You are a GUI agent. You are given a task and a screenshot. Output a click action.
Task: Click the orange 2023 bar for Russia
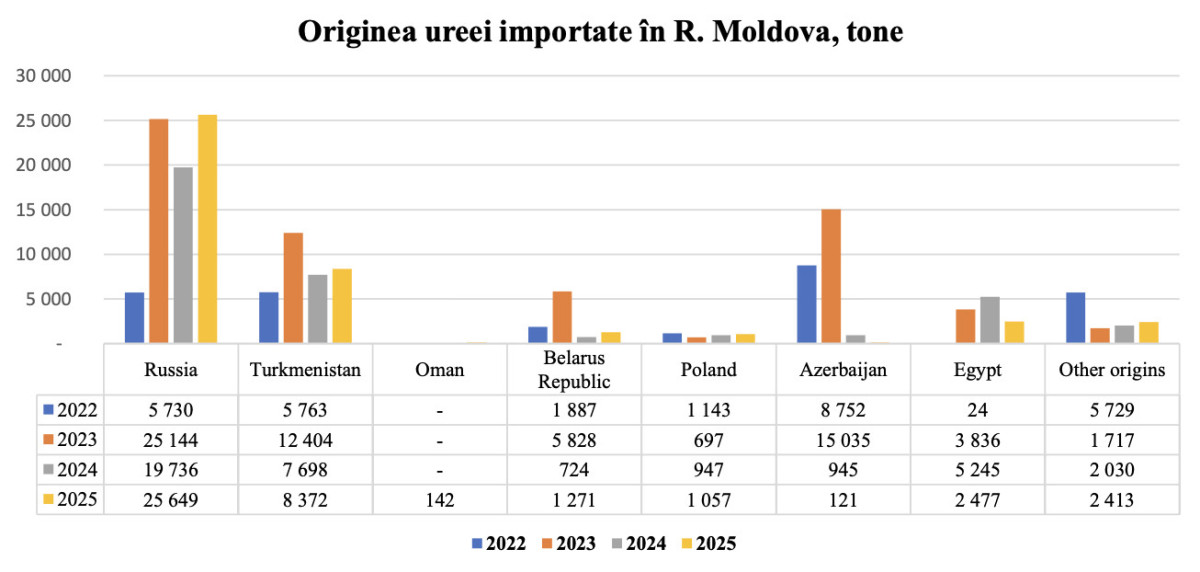[159, 231]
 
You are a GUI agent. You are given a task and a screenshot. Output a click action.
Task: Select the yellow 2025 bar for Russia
[207, 229]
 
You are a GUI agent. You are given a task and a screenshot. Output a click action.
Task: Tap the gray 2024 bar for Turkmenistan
[318, 308]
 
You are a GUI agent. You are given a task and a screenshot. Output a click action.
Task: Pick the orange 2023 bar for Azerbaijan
[831, 276]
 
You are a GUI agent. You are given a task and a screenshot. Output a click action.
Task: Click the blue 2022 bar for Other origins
[1075, 318]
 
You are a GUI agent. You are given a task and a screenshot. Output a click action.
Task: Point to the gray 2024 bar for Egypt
[990, 320]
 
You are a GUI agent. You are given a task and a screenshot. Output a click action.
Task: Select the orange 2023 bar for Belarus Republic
[562, 317]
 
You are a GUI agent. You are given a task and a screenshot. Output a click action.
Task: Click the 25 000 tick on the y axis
[43, 121]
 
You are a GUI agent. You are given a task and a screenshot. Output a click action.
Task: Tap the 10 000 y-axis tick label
[43, 254]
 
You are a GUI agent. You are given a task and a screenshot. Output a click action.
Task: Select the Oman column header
[439, 370]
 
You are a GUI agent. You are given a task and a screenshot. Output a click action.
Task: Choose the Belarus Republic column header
[574, 370]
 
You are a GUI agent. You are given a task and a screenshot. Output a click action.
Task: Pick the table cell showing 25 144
[170, 440]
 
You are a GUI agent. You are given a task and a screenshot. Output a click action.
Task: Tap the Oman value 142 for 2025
[439, 500]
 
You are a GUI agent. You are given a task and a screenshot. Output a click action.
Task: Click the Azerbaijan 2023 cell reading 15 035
[843, 440]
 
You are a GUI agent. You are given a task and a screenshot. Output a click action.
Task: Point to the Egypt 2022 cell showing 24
[977, 410]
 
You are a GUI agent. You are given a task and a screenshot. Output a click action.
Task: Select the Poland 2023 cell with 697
[708, 440]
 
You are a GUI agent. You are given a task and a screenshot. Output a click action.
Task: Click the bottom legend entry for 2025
[709, 544]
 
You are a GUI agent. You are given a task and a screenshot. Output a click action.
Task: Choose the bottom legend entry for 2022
[499, 544]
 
